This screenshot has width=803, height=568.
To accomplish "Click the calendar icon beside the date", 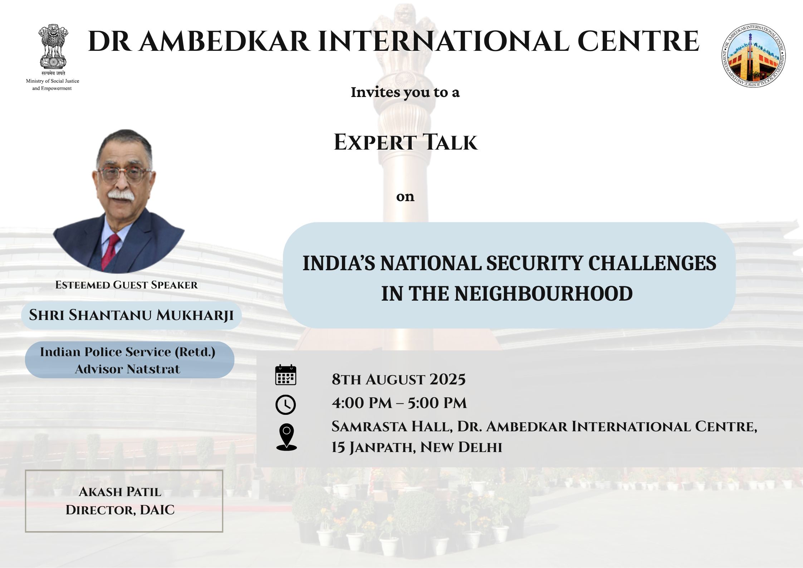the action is click(x=286, y=375).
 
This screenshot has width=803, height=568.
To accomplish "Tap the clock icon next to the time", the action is click(x=286, y=405).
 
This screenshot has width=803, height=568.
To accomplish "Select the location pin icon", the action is click(x=287, y=437).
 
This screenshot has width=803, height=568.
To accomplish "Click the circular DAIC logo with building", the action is click(x=754, y=56).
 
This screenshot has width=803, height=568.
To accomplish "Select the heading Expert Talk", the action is click(x=406, y=142).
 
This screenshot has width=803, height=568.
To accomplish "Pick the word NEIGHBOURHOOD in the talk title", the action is click(x=544, y=294).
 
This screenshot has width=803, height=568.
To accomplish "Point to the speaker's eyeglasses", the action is click(x=124, y=174).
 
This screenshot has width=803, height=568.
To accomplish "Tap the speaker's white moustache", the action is click(x=121, y=195).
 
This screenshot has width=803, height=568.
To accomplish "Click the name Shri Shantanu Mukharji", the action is click(x=131, y=315).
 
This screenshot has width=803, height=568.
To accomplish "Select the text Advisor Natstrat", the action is click(x=127, y=369).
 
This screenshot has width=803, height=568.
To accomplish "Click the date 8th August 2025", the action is click(x=398, y=379).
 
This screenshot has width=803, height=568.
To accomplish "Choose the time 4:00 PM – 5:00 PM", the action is click(x=399, y=403).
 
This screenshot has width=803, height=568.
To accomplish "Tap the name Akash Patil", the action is click(x=120, y=492).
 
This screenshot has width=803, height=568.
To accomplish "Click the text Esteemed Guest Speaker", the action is click(x=126, y=285).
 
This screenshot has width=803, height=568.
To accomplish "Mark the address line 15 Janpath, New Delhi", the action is click(x=417, y=447).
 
